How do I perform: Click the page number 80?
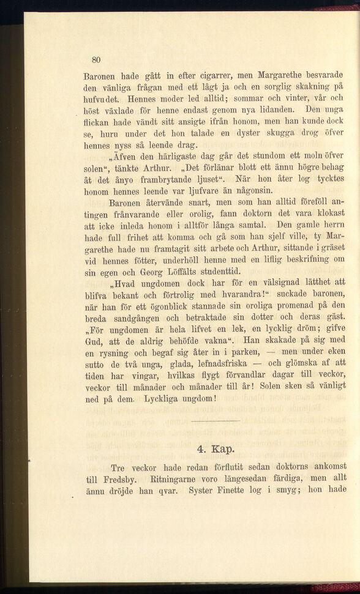96,59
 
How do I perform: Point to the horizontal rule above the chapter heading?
216,421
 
